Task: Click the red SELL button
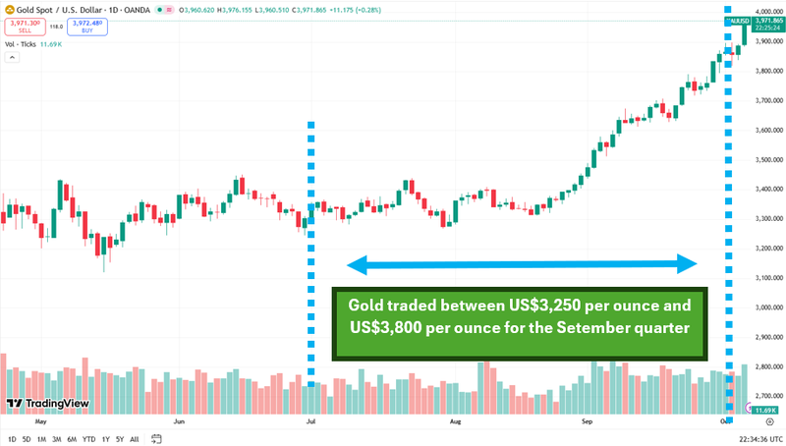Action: (26, 27)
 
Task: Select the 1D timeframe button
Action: (12, 438)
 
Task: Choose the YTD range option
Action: (88, 438)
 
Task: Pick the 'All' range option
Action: (134, 438)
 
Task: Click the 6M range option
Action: (72, 438)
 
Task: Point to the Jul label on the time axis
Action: (310, 420)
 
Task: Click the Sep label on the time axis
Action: (587, 420)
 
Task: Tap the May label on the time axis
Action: (40, 420)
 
